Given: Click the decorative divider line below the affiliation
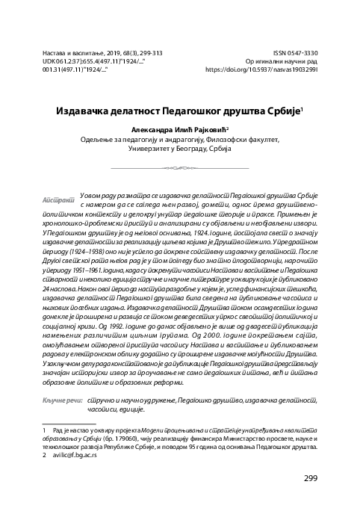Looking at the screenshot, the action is pos(180,170).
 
